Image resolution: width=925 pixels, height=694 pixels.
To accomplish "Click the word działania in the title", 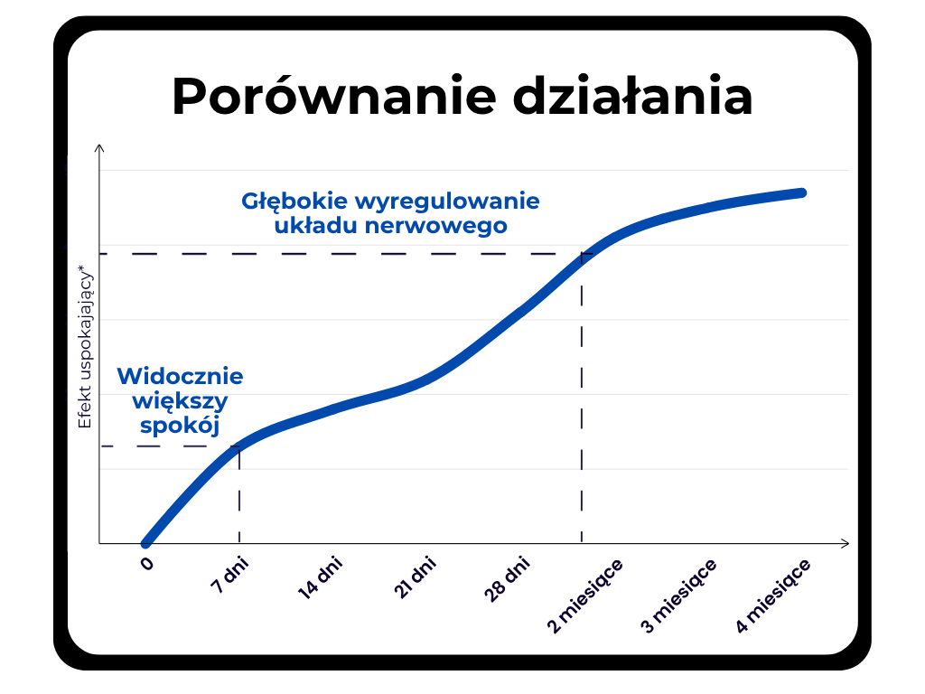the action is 632,95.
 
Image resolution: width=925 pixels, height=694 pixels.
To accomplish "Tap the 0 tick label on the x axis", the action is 147,564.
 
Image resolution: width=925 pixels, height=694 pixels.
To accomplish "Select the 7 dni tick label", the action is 229,574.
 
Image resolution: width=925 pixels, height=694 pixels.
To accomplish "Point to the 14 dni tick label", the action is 320,577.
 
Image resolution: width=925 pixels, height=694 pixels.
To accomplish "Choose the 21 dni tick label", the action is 414,577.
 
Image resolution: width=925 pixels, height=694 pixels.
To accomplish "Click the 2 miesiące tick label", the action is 584,596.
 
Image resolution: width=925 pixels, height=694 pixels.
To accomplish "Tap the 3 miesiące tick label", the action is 678,596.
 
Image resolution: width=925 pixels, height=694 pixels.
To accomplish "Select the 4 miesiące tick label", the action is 772,596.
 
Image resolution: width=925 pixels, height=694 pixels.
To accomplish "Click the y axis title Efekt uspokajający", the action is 86,347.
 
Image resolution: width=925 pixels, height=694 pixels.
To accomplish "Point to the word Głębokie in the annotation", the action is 294,202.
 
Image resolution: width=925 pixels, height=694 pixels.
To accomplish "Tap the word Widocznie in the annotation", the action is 180,376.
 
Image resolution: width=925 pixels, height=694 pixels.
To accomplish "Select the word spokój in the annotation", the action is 180,425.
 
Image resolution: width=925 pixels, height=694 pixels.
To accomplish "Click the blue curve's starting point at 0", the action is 145,543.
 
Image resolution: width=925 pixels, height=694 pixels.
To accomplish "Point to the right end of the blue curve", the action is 802,193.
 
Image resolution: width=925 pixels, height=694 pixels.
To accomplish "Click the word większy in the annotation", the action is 180,401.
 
